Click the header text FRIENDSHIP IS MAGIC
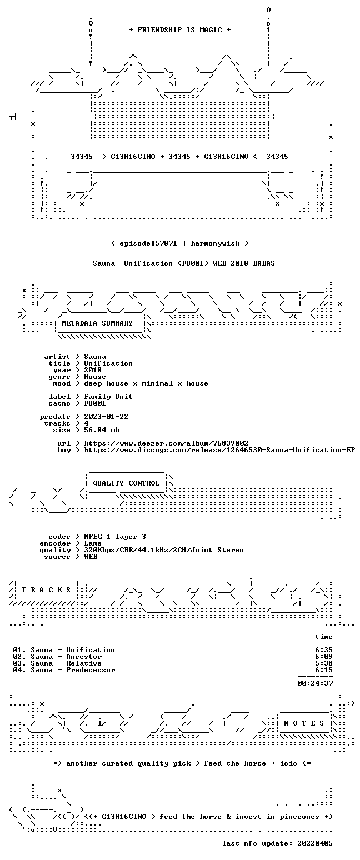click(x=180, y=30)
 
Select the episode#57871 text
click(x=148, y=243)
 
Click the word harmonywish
click(x=216, y=243)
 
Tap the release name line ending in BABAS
click(x=184, y=263)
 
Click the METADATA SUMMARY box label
click(x=97, y=323)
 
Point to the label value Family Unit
click(x=108, y=397)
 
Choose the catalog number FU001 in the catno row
click(x=95, y=403)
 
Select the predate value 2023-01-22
click(x=106, y=417)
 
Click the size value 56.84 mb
click(x=102, y=430)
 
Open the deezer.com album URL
click(x=166, y=443)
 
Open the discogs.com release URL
click(x=219, y=450)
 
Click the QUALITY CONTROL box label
click(x=126, y=483)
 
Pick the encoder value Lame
click(x=93, y=543)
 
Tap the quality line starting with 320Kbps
click(x=164, y=550)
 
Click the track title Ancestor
click(x=84, y=657)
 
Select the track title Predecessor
click(x=91, y=670)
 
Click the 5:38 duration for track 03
click(x=324, y=663)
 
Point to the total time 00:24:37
click(x=315, y=683)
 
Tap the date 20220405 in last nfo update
click(x=314, y=843)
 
